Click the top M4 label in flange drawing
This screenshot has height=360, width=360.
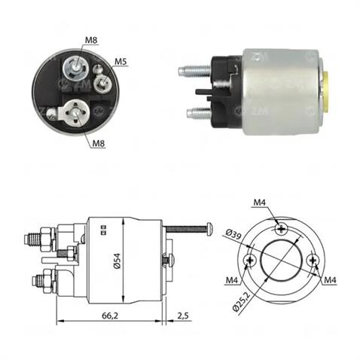pos(259,203)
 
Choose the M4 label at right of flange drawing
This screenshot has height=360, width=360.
pos(329,280)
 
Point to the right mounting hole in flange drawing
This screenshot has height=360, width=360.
pos(313,261)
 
